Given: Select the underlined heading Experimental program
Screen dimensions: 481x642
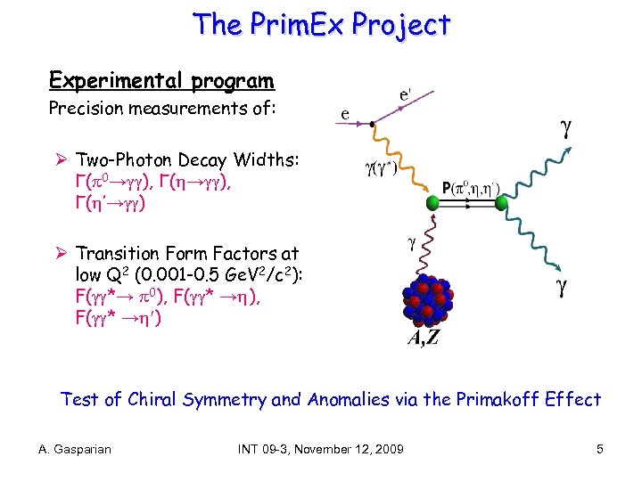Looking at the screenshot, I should pos(161,81).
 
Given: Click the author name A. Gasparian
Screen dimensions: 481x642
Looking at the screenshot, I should pos(76,449).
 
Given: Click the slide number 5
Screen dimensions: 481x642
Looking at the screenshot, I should pos(600,449).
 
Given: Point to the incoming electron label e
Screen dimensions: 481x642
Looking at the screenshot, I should pos(345,113).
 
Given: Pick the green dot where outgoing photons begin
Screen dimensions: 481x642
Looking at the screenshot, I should pos(502,203).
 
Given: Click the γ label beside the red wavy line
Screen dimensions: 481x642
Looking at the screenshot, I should pos(412,241).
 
